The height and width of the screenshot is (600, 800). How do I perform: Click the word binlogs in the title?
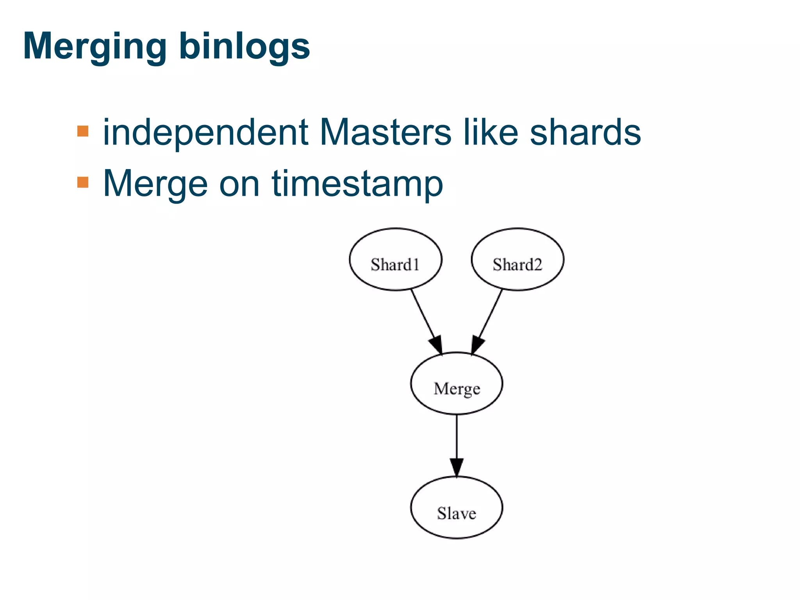(245, 46)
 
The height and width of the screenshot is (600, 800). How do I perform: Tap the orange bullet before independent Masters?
(83, 131)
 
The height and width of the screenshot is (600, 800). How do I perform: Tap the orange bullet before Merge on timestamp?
(83, 182)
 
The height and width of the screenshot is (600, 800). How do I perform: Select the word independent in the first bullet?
(205, 133)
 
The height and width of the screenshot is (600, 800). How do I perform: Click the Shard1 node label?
(395, 264)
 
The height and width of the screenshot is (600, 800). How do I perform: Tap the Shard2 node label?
(517, 264)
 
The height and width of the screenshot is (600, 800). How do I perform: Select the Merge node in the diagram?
(456, 388)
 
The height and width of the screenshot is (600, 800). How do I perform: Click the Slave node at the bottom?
(456, 512)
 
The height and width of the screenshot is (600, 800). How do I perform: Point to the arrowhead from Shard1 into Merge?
(437, 345)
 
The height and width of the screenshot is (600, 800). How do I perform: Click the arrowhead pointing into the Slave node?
(456, 467)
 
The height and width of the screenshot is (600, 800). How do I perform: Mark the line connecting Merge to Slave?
(456, 436)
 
